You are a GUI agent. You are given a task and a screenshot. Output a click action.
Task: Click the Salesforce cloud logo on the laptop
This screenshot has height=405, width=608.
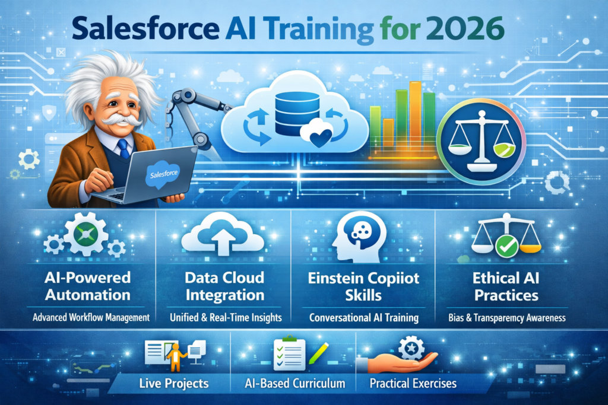click(163, 176)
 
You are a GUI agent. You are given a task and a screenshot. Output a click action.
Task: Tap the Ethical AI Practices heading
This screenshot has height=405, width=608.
click(506, 286)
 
